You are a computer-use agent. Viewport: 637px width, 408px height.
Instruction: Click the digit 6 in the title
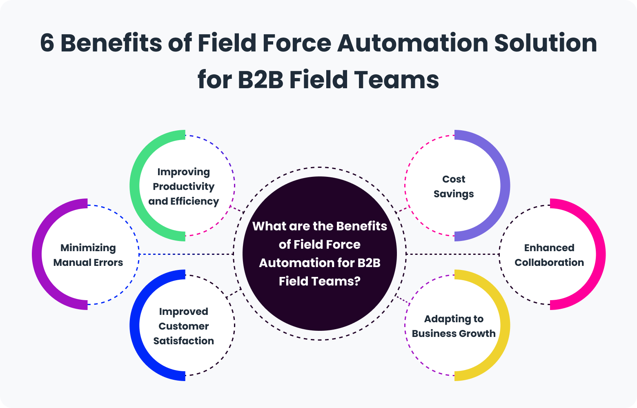tap(47, 43)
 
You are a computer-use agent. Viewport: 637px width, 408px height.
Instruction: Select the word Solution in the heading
tap(546, 43)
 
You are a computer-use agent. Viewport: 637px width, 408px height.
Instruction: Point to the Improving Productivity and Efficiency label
tap(184, 187)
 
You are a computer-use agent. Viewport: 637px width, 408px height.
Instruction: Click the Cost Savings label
tap(454, 187)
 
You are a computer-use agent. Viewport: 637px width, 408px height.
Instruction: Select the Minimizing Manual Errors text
tap(88, 255)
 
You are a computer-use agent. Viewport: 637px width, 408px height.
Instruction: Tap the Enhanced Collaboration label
tap(549, 255)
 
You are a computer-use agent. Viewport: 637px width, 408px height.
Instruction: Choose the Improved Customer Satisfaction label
tap(184, 326)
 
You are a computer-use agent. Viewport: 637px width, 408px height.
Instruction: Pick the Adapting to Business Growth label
tap(454, 326)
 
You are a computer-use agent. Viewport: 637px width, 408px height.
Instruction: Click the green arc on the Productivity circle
tap(135, 186)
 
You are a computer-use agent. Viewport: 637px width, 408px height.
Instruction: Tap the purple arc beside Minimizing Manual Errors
tap(37, 254)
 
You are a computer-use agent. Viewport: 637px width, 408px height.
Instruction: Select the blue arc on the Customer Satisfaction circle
tap(135, 326)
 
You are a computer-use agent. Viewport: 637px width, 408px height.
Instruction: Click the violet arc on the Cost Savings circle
tap(505, 186)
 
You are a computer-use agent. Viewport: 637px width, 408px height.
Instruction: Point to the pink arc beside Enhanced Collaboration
tap(600, 254)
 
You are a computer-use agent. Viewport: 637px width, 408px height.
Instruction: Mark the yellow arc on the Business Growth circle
tap(505, 326)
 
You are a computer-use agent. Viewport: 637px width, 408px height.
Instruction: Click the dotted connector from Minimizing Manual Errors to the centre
tap(186, 254)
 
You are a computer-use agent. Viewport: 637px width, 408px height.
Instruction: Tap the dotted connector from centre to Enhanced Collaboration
tap(452, 254)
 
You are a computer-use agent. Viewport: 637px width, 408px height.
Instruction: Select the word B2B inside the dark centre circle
tap(369, 263)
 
